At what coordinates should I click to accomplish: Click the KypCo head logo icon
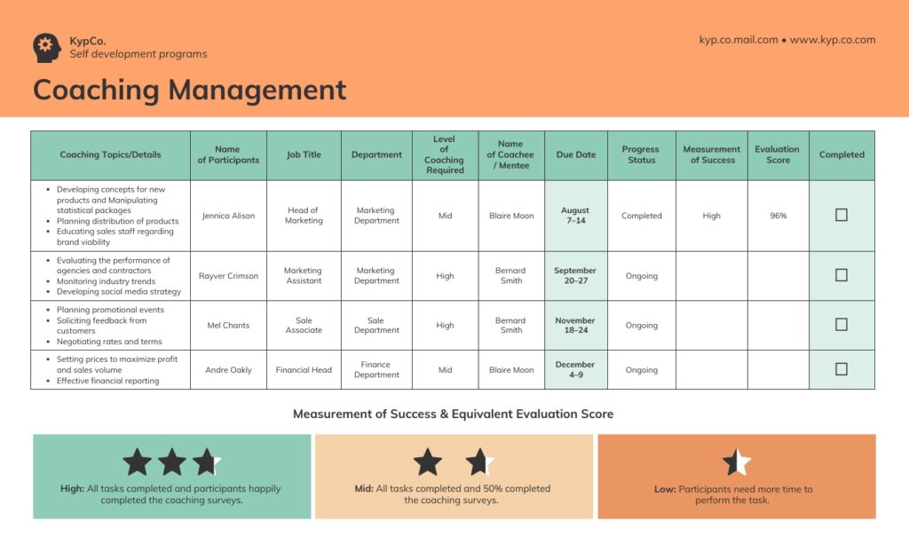[x=46, y=47]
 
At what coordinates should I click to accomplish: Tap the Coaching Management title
[x=189, y=90]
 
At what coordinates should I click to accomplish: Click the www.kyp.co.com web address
[x=833, y=40]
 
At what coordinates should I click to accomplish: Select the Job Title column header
[x=304, y=154]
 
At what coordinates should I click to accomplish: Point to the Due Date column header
[x=576, y=154]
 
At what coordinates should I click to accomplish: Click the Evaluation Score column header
[x=777, y=154]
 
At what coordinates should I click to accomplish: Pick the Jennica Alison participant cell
[x=228, y=216]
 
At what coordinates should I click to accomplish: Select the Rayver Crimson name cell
[x=228, y=276]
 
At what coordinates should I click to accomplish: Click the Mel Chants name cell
[x=228, y=325]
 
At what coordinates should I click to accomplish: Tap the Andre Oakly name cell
[x=228, y=370]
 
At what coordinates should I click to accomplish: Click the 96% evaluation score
[x=778, y=216]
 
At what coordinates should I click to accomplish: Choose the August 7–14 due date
[x=575, y=216]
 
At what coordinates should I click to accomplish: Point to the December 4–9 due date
[x=575, y=369]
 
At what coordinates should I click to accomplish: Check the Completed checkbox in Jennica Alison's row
[x=842, y=215]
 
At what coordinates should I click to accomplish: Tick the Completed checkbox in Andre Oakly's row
[x=842, y=369]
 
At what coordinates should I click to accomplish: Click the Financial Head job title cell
[x=304, y=370]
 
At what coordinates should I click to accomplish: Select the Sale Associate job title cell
[x=304, y=325]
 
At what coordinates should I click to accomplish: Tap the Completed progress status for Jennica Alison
[x=641, y=216]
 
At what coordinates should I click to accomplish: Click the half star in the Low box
[x=736, y=461]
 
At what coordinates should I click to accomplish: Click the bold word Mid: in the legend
[x=363, y=489]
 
